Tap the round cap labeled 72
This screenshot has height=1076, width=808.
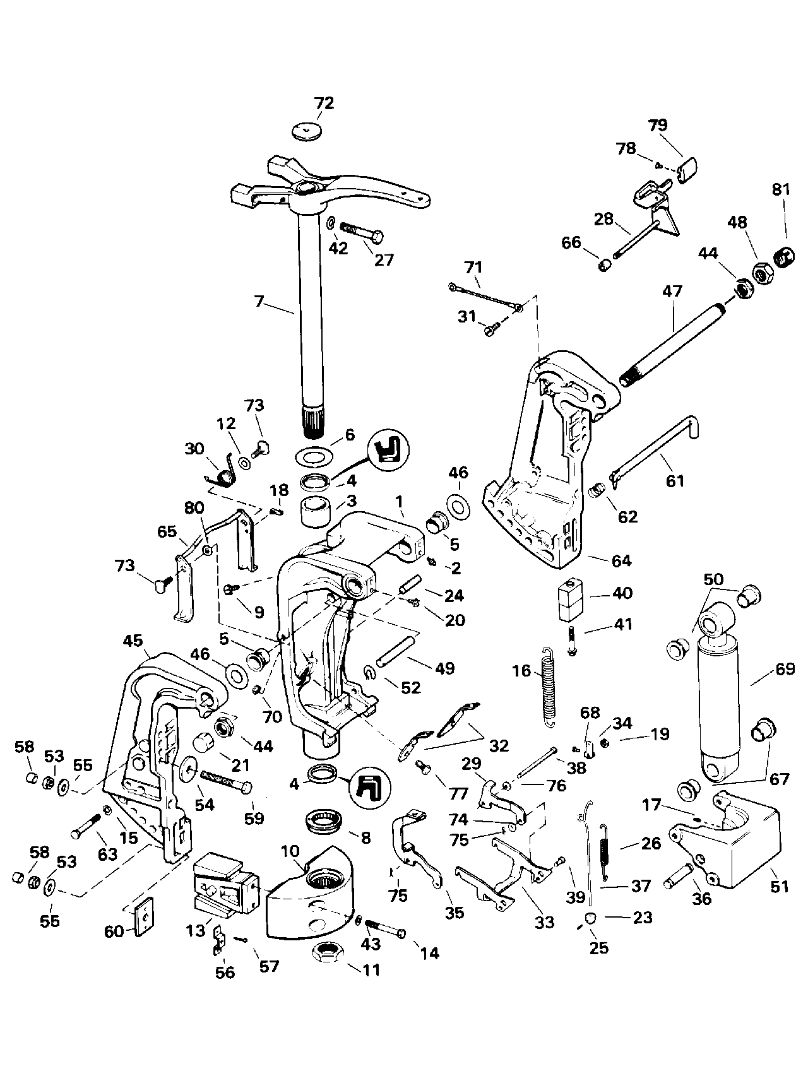pyautogui.click(x=308, y=131)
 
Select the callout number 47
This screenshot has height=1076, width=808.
pyautogui.click(x=673, y=292)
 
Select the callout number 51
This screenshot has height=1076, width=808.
pyautogui.click(x=780, y=887)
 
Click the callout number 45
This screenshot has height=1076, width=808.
pyautogui.click(x=133, y=641)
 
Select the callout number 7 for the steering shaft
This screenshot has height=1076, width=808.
pyautogui.click(x=259, y=301)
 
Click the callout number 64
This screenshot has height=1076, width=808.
pyautogui.click(x=621, y=560)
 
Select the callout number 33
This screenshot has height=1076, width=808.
pyautogui.click(x=544, y=922)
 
